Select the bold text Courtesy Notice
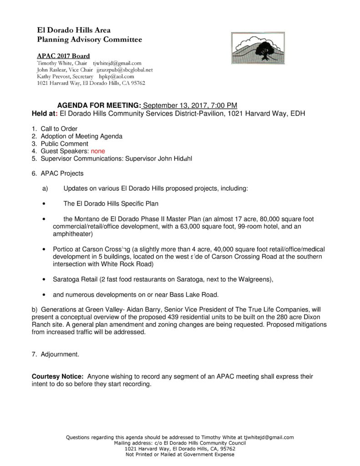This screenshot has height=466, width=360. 57,377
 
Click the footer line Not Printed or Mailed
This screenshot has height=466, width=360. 180,455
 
